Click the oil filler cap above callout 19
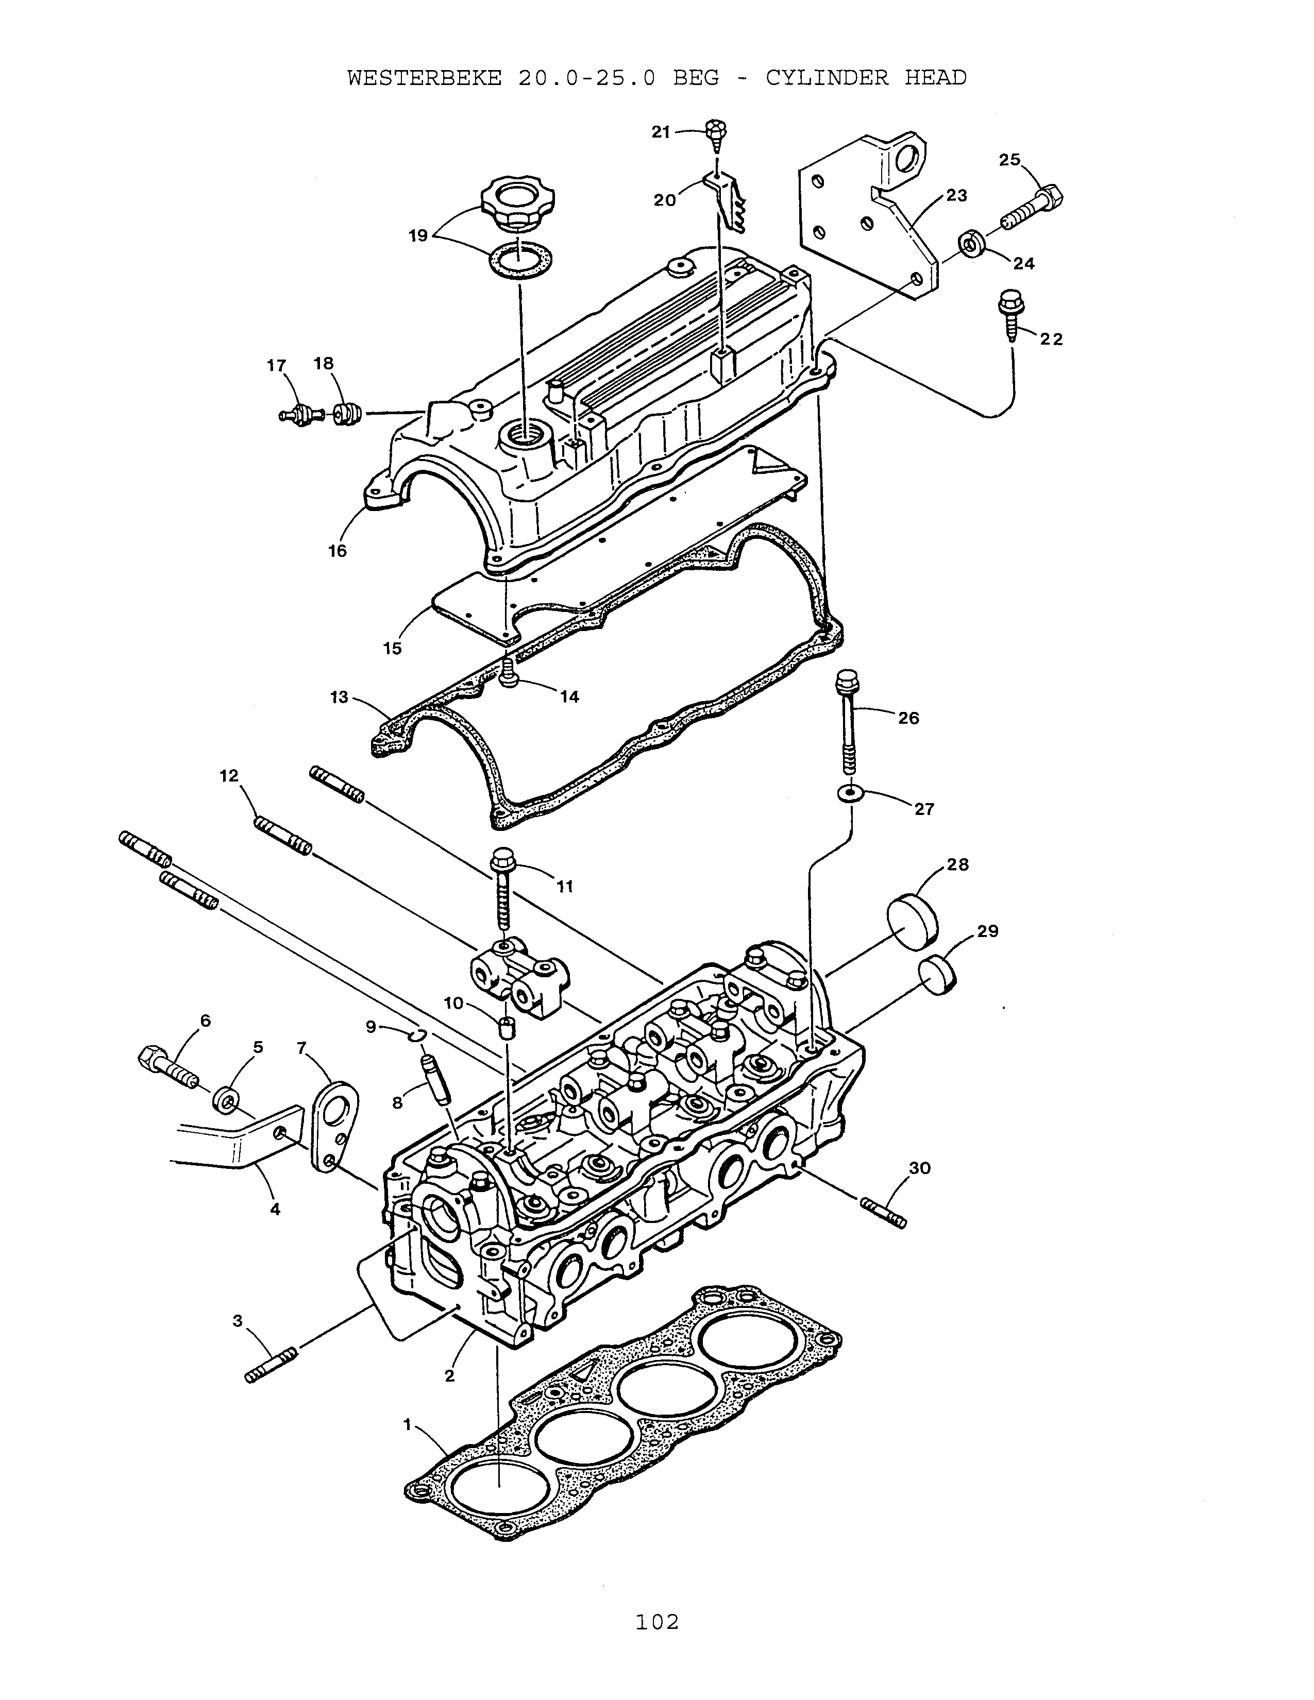510,204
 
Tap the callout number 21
661,132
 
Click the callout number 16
337,551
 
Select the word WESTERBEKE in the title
424,78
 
